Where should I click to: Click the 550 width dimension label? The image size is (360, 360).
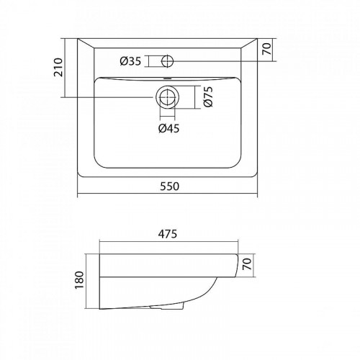169,186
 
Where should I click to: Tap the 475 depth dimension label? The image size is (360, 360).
168,234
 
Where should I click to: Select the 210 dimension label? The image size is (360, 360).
58,67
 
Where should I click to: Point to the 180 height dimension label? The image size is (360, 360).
79,280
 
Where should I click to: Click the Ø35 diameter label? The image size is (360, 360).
130,61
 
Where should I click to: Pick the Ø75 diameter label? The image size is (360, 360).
208,96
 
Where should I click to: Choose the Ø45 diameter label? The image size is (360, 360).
169,128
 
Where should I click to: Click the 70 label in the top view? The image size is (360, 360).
267,49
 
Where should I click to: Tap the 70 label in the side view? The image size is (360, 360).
248,264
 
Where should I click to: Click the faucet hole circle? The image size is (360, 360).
167,61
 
